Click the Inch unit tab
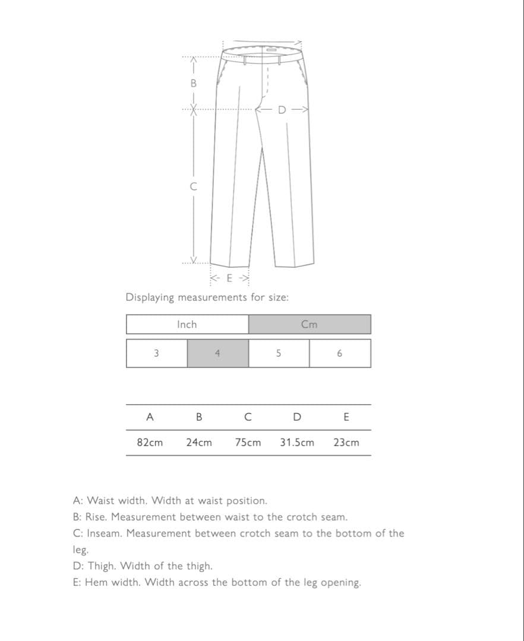(187, 324)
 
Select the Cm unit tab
(310, 324)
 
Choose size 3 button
(156, 353)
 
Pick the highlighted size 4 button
(217, 353)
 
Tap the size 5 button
(279, 353)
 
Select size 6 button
(340, 353)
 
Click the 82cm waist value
(150, 443)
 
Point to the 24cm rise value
(199, 443)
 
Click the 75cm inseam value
(248, 443)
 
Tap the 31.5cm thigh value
(297, 443)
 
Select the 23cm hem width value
(346, 443)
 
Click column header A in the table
(150, 417)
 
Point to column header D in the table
(297, 417)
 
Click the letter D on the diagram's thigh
(282, 110)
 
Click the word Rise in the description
(97, 517)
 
